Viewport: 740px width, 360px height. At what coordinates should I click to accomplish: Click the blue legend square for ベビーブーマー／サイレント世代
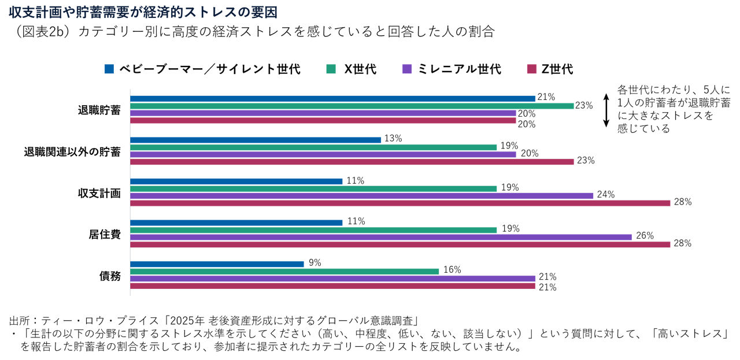click(109, 69)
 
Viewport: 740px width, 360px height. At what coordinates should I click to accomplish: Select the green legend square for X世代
click(331, 69)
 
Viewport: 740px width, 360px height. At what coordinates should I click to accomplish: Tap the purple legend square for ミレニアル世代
click(406, 69)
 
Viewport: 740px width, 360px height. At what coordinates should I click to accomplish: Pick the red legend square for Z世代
click(530, 69)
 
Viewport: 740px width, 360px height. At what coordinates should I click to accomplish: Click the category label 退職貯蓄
click(99, 110)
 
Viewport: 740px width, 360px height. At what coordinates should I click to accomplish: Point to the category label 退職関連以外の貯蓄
click(72, 152)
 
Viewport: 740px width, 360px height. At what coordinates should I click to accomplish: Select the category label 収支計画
click(99, 193)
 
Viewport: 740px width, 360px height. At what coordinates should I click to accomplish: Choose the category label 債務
click(110, 276)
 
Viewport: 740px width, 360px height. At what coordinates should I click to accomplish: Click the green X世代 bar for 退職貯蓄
click(351, 106)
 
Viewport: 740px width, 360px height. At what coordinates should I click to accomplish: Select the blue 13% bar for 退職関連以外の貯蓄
click(256, 140)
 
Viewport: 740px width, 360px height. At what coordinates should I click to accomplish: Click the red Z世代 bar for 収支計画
click(400, 203)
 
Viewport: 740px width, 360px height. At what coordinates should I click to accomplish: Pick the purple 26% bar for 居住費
click(381, 237)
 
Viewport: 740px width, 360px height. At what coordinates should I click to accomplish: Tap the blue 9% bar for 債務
click(217, 264)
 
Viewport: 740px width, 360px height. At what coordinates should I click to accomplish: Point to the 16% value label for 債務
click(452, 269)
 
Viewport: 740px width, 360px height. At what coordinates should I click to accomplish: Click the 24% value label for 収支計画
click(606, 195)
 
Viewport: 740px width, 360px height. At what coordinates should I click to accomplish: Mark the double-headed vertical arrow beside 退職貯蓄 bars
click(606, 110)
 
